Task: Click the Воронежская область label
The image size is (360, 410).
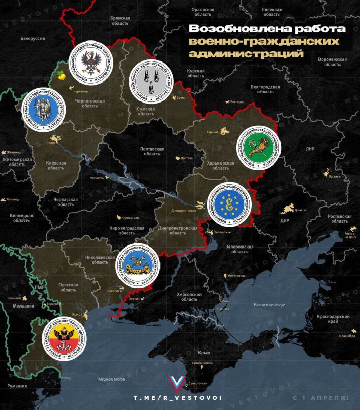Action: click(x=332, y=62)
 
